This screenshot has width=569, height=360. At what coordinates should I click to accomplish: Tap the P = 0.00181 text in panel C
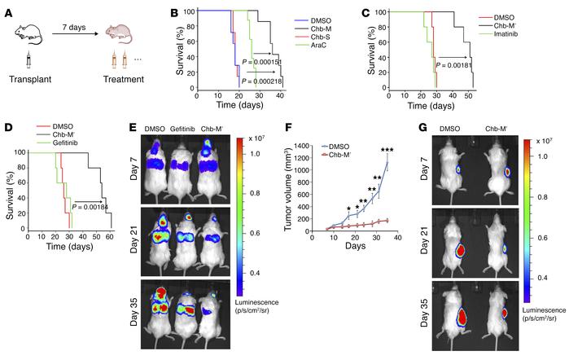pos(463,65)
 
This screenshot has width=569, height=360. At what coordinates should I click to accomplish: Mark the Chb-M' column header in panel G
pos(500,129)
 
